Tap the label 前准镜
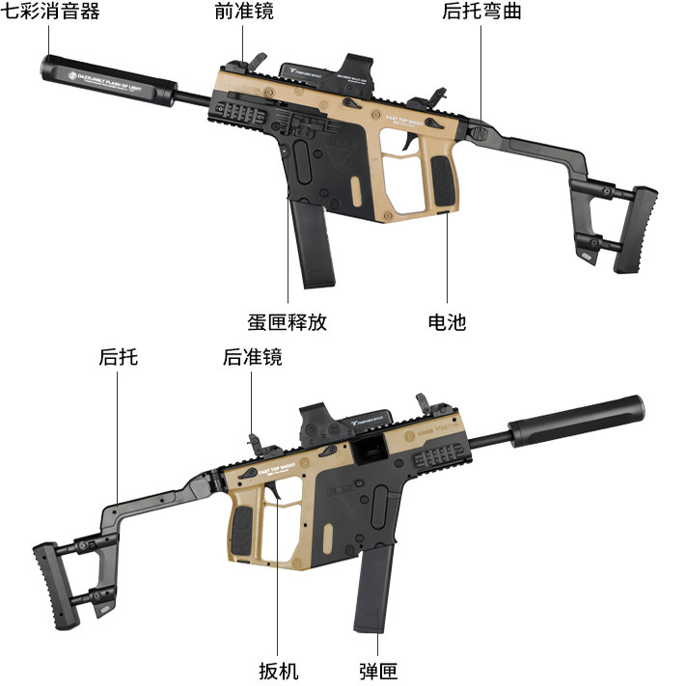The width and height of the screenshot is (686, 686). tap(243, 12)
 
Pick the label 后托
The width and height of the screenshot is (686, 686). tap(118, 357)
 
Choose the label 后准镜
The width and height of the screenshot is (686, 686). tap(252, 357)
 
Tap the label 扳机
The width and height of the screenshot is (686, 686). tap(278, 671)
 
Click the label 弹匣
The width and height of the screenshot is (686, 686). tap(377, 671)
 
